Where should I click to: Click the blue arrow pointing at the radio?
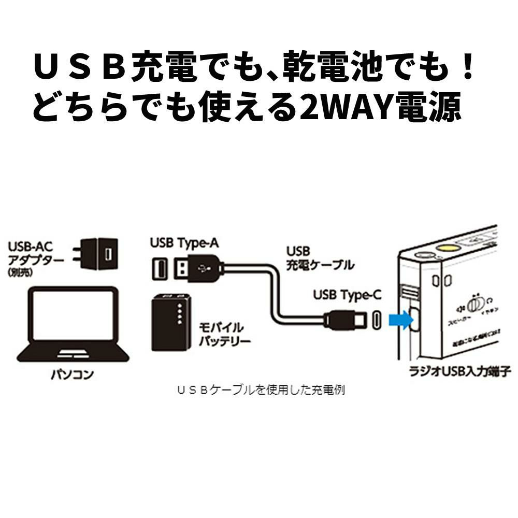coord(399,320)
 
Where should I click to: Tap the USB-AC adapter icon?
coord(98,254)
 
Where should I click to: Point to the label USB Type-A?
coord(184,242)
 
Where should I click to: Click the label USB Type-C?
coord(347,295)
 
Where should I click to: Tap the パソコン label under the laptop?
coord(73,374)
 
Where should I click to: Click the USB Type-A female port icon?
coord(160,268)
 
